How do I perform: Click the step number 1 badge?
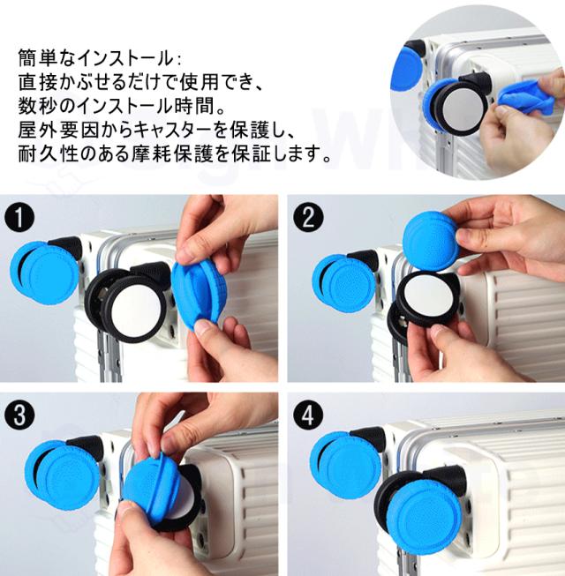pyautogui.click(x=19, y=218)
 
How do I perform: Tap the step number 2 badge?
pyautogui.click(x=309, y=217)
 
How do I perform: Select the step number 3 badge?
pyautogui.click(x=19, y=416)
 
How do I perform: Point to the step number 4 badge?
pyautogui.click(x=309, y=415)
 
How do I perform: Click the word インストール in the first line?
pyautogui.click(x=126, y=58)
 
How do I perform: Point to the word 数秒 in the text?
pyautogui.click(x=38, y=106)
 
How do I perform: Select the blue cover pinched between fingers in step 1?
pyautogui.click(x=199, y=289)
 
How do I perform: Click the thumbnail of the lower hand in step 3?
pyautogui.click(x=130, y=512)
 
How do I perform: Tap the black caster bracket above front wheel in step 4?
pyautogui.click(x=446, y=477)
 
